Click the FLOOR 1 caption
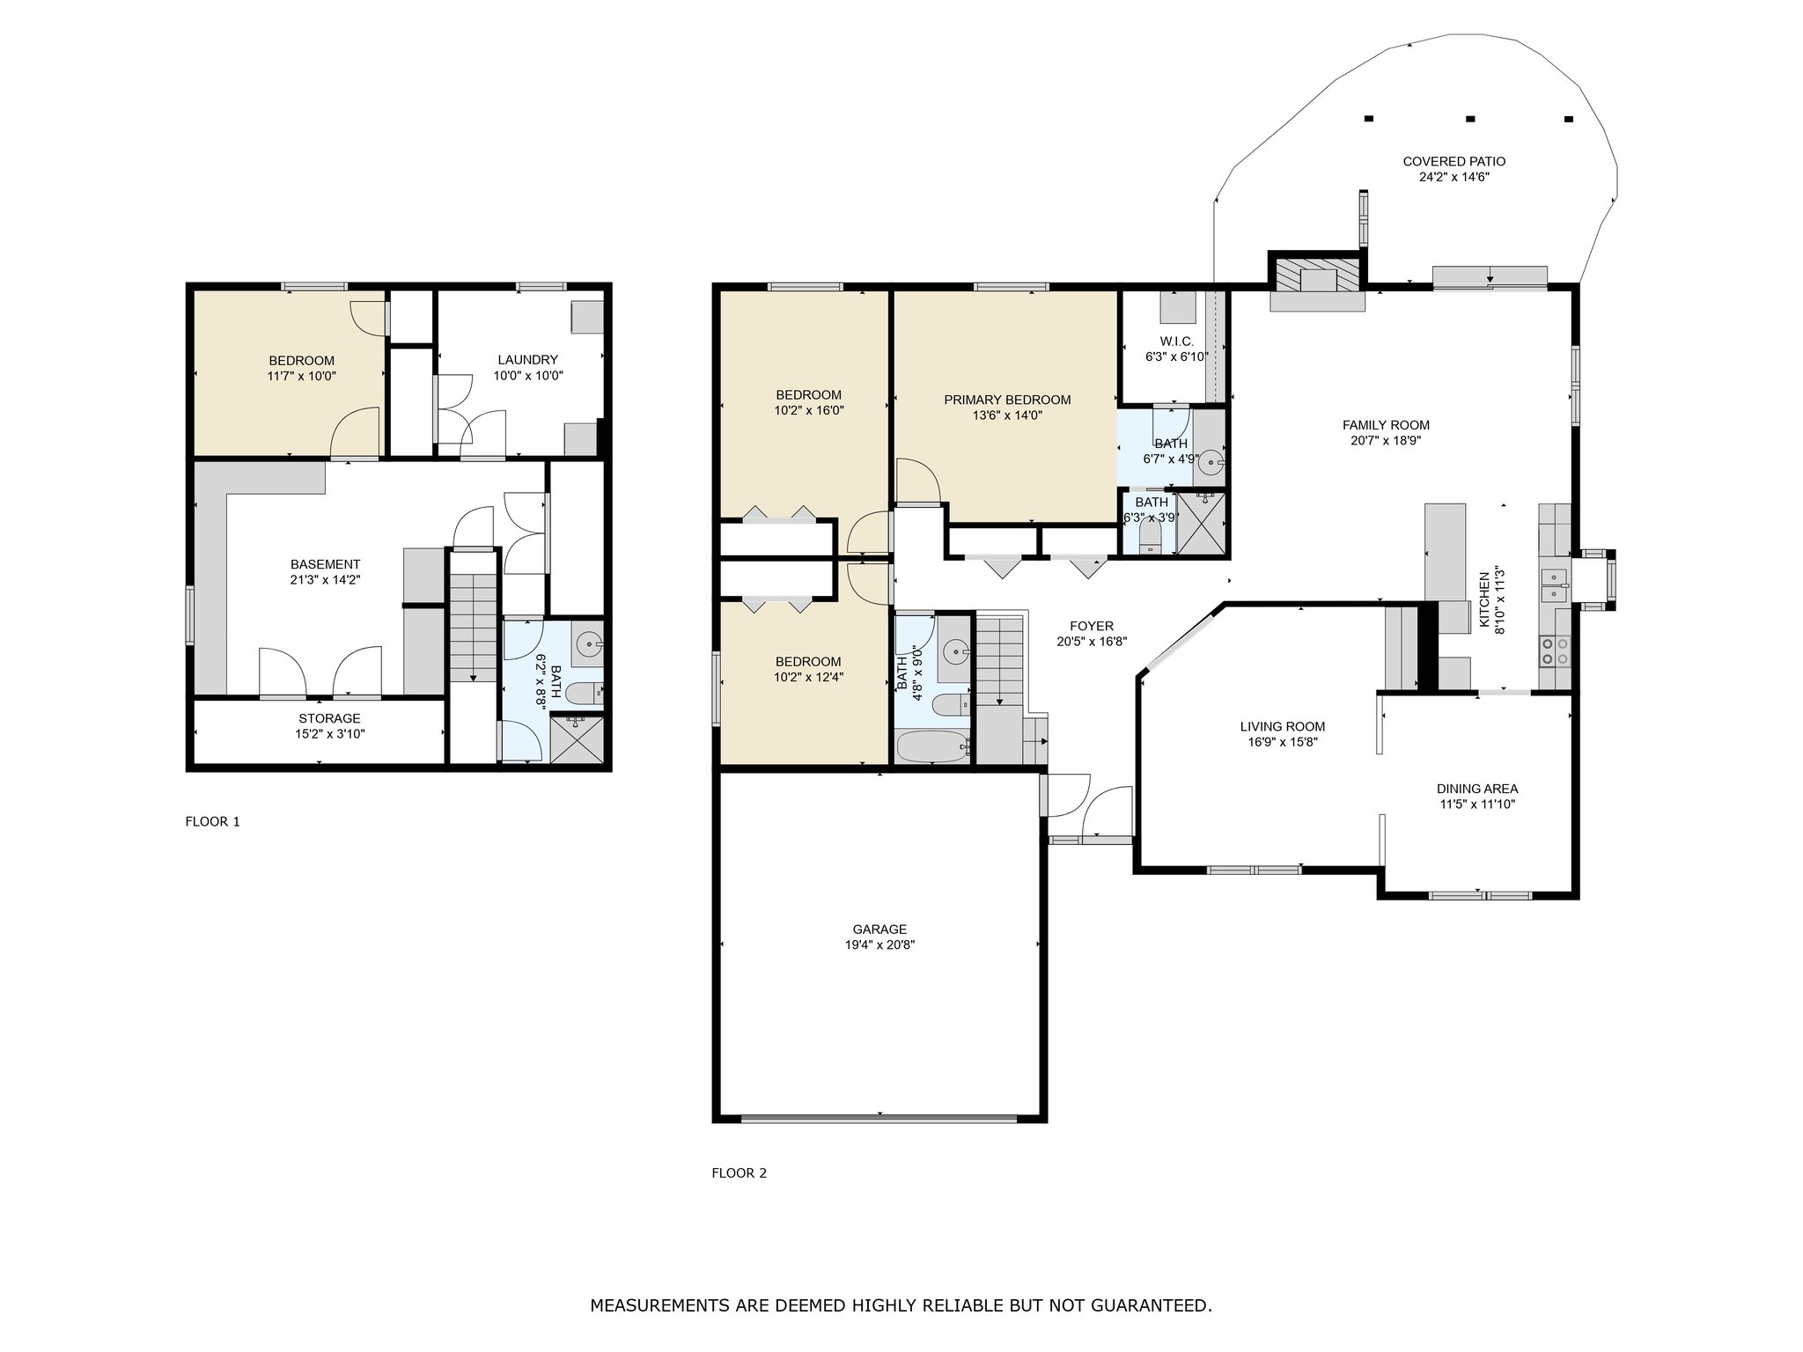pyautogui.click(x=212, y=821)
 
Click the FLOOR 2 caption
pyautogui.click(x=740, y=1172)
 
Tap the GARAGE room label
pyautogui.click(x=879, y=929)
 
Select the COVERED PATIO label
pyautogui.click(x=1454, y=161)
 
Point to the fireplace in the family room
pyautogui.click(x=1317, y=281)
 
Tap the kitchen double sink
pyautogui.click(x=1554, y=585)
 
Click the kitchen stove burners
pyautogui.click(x=1555, y=650)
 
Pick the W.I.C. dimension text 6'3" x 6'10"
pyautogui.click(x=1176, y=356)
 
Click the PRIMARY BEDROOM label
pyautogui.click(x=1007, y=400)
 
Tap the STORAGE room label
pyautogui.click(x=329, y=718)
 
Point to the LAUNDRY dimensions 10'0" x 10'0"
pyautogui.click(x=527, y=375)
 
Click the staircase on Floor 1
pyautogui.click(x=473, y=627)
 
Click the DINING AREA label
pyautogui.click(x=1477, y=789)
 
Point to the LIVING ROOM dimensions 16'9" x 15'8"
pyautogui.click(x=1282, y=742)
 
